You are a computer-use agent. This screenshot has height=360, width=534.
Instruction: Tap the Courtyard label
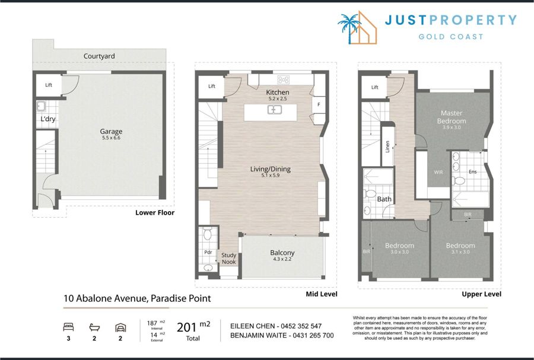(99, 56)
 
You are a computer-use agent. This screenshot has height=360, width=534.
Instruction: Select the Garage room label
(111, 131)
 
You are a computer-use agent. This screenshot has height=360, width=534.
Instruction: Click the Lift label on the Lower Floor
(49, 85)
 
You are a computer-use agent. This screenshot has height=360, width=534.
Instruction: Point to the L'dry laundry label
(47, 119)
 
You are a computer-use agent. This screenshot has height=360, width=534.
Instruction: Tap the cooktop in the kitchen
(284, 79)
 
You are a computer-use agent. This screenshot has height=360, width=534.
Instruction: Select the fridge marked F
(319, 104)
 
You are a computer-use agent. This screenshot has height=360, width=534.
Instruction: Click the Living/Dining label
(271, 169)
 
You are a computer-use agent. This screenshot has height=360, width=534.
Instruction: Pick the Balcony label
(282, 253)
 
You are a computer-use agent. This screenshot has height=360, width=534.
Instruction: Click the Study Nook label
(229, 258)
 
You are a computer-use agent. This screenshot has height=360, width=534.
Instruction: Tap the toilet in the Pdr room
(208, 234)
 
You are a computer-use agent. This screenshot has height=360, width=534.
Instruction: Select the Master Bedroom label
(452, 117)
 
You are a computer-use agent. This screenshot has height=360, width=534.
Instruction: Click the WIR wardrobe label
(438, 172)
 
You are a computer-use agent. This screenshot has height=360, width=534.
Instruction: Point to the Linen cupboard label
(387, 146)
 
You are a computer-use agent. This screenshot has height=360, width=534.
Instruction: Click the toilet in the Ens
(459, 180)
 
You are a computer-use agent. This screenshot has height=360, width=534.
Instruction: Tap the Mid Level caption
(322, 294)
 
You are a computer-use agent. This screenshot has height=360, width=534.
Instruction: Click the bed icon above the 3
(68, 327)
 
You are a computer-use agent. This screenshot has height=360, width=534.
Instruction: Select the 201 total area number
(187, 327)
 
